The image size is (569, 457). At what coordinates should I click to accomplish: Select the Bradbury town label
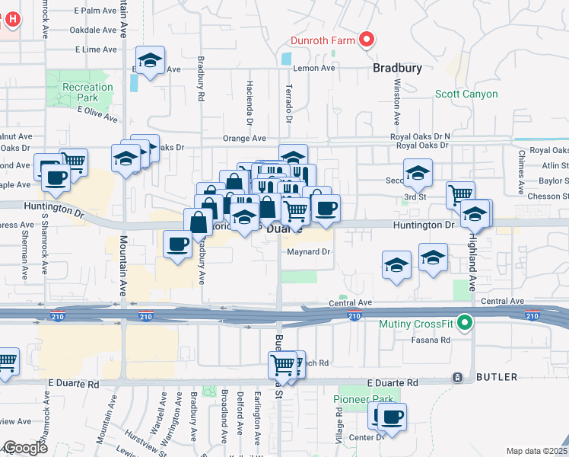(x=397, y=68)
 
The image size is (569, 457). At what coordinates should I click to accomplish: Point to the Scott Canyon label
(x=466, y=94)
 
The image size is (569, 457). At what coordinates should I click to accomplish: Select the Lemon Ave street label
(x=316, y=68)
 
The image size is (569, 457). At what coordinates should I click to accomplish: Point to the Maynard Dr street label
(x=309, y=251)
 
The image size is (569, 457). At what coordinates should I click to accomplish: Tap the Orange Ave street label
(x=244, y=139)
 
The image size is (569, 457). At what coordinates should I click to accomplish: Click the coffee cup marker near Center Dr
(x=393, y=417)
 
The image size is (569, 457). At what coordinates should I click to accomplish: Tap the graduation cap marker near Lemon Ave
(x=151, y=60)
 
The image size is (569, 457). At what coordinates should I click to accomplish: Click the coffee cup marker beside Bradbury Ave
(x=178, y=244)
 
